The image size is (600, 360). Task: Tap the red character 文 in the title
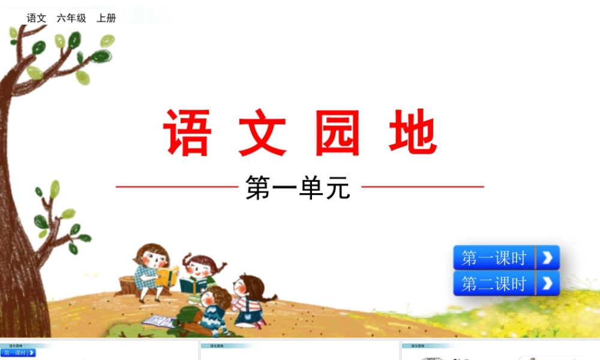pos(263,133)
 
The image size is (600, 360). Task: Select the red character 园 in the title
pos(338,133)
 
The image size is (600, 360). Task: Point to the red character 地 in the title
pos(413,133)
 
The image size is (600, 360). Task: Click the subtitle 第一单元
pos(298,187)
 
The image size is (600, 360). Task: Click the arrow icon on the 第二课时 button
pos(547,283)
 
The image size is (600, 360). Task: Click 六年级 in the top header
pos(71,18)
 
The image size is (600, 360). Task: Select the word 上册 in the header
pos(106,18)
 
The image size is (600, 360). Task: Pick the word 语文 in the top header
pos(37,18)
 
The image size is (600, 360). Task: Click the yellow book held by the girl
pos(168,277)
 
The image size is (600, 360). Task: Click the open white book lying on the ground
pos(158,321)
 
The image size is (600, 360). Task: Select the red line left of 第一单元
pos(177,187)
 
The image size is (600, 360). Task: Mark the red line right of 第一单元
pos(422,187)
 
